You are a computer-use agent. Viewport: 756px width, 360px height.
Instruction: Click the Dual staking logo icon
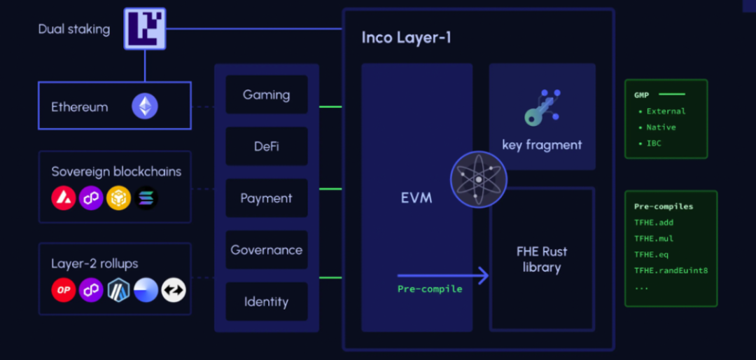(x=145, y=29)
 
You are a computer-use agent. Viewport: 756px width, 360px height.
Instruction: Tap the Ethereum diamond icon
(x=146, y=106)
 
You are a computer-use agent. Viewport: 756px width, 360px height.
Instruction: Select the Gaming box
(x=266, y=95)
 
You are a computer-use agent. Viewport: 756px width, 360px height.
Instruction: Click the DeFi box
(x=266, y=146)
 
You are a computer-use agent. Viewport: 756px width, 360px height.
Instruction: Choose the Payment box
(x=266, y=198)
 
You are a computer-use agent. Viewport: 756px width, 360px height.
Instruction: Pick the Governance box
(x=266, y=250)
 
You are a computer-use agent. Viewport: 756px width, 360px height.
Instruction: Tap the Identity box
(x=266, y=302)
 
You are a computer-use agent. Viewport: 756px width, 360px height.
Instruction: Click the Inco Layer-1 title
(x=406, y=37)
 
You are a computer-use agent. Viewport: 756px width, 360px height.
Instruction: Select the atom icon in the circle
(x=478, y=179)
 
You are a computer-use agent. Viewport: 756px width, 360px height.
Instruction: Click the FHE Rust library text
(x=541, y=259)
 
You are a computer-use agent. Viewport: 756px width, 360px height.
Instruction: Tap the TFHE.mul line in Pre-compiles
(x=654, y=239)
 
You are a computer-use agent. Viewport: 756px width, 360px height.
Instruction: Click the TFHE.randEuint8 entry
(x=671, y=270)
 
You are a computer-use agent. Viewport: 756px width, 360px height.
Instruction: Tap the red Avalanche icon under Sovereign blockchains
(x=64, y=198)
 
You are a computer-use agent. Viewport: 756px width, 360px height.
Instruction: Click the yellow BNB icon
(x=118, y=198)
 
